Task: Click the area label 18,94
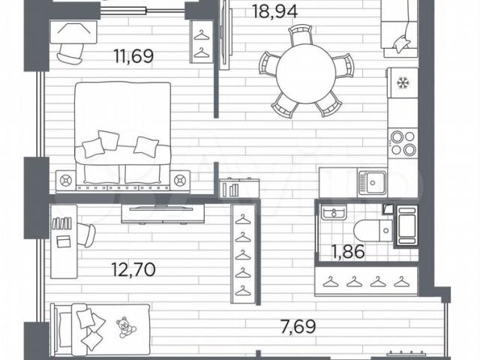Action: coord(274,12)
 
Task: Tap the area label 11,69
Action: coord(133,56)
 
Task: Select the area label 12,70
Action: coord(133,269)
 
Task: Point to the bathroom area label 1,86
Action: coord(348,252)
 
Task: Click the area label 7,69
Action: coord(298,326)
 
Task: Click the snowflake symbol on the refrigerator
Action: coord(402,82)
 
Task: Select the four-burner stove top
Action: coord(403,143)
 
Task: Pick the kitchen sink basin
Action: coord(373,183)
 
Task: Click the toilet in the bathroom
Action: coord(373,230)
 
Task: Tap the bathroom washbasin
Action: coord(334,211)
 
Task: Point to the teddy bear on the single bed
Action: coord(125,328)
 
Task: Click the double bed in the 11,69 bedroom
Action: coord(123,136)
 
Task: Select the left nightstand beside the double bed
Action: coord(65,181)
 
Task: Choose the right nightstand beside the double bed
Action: coord(180,181)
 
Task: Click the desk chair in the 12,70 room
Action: coord(86,235)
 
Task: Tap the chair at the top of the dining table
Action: coord(301,34)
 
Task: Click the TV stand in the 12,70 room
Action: coord(163,214)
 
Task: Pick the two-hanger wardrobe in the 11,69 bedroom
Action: coord(201,42)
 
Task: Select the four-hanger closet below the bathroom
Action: coord(366,282)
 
